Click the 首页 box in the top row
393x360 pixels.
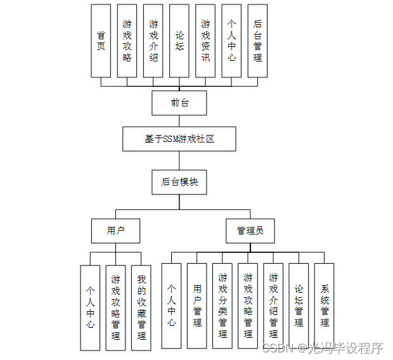tap(101, 41)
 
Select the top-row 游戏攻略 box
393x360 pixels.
tap(127, 41)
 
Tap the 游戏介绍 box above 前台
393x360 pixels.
tap(153, 41)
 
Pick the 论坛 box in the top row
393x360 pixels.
tap(179, 41)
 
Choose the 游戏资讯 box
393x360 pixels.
tap(205, 41)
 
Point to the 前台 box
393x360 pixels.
tap(179, 103)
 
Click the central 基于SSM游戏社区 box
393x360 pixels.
tap(179, 139)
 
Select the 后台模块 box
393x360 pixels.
tap(179, 182)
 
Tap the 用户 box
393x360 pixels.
tap(115, 231)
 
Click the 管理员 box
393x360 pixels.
tap(250, 231)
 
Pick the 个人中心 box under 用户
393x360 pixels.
tap(90, 307)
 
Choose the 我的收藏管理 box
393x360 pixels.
tap(141, 307)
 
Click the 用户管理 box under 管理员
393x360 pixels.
tap(197, 305)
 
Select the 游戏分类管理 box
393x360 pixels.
tap(222, 305)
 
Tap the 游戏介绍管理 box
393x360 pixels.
tap(273, 305)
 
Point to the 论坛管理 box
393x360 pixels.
tap(299, 305)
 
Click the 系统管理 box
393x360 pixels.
tap(324, 305)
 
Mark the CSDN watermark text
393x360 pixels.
tap(323, 348)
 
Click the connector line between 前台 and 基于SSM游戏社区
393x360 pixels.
tap(179, 120)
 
